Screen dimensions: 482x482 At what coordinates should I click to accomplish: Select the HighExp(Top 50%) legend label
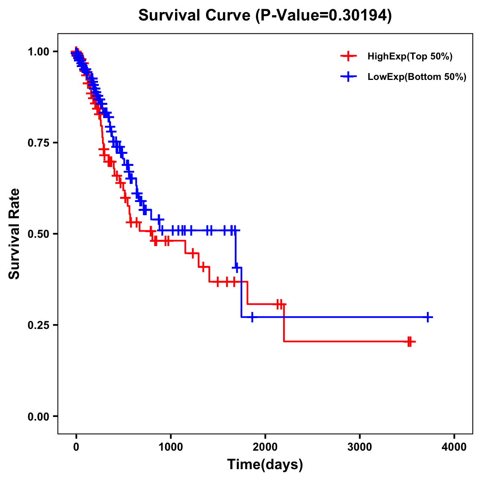coord(410,57)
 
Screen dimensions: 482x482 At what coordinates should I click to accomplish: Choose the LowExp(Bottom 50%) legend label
coord(417,77)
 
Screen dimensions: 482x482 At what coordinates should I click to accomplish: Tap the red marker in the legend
coord(348,57)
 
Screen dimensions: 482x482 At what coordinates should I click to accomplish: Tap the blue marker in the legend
coord(348,77)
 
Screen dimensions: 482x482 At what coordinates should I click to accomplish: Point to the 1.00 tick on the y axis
coord(38,51)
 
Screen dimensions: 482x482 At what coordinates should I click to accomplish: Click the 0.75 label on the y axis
coord(38,143)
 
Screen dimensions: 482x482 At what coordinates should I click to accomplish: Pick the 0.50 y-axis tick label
coord(38,234)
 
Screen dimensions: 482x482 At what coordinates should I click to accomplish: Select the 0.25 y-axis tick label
coord(38,325)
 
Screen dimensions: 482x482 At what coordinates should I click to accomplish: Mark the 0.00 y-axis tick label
coord(38,416)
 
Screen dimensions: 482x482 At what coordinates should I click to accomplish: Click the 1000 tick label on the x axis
coord(171,447)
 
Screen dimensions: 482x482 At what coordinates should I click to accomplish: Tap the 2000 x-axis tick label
coord(265,447)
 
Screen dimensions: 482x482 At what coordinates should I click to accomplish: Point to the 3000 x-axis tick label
coord(359,447)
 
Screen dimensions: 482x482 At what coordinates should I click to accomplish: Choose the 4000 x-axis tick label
coord(454,447)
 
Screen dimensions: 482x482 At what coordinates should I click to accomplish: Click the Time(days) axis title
coord(265,465)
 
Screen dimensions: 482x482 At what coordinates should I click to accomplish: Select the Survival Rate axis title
coord(14,234)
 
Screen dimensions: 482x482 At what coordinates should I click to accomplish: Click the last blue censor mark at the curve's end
coord(428,317)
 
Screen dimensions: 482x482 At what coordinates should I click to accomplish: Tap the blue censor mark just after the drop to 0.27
coord(252,317)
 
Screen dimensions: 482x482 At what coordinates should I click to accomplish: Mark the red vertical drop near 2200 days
coord(284,323)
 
